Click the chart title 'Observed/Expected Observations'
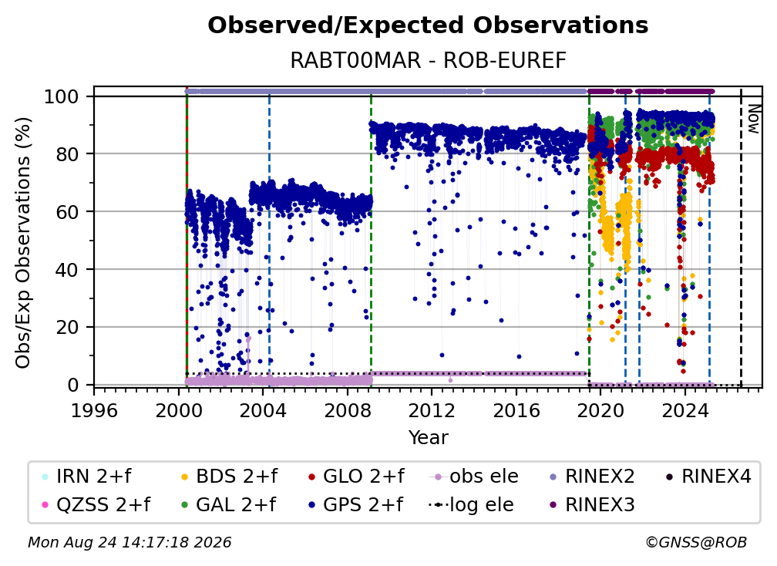pos(428,25)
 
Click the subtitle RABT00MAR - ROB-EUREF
pos(428,60)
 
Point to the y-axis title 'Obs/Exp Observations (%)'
pos(23,243)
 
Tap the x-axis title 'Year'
pos(428,438)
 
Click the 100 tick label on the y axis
pos(62,96)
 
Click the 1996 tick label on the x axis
pos(94,410)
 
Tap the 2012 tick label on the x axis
pos(432,410)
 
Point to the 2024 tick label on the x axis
pos(684,410)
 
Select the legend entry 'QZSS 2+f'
pos(97,505)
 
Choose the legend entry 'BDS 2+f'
pos(230,477)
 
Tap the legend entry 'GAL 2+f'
pos(229,505)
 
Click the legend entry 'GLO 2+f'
pos(356,477)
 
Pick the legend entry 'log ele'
pos(471,505)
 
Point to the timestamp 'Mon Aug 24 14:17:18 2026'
pos(129,543)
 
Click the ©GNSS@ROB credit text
pos(696,543)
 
